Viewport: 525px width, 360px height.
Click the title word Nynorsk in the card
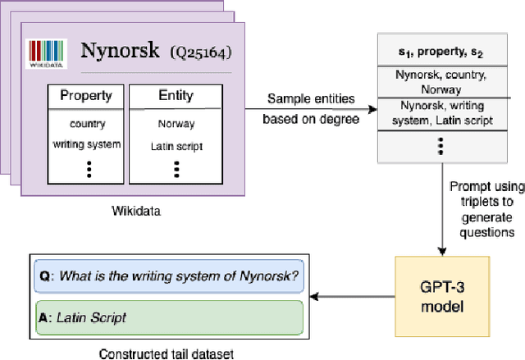coord(120,51)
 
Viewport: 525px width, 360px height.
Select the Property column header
coord(86,96)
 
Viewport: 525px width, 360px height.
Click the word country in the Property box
coord(85,125)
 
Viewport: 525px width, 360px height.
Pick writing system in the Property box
coord(85,145)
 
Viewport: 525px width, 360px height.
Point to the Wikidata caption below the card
coord(137,211)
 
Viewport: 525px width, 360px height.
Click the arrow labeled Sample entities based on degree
coord(312,108)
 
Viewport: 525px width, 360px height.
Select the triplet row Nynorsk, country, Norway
coord(441,83)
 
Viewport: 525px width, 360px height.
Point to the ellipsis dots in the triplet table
coord(441,145)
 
